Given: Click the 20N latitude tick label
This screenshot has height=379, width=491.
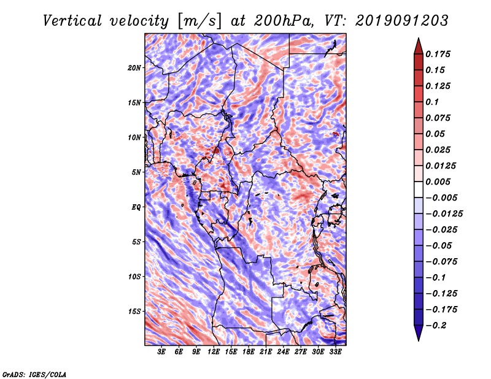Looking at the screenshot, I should [134, 67].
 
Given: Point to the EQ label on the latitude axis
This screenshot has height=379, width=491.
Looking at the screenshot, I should [136, 207].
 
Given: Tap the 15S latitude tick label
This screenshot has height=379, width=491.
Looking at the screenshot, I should [134, 312].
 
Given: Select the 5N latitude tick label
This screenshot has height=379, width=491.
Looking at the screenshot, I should [136, 172].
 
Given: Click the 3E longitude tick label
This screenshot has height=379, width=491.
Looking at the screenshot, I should [162, 352].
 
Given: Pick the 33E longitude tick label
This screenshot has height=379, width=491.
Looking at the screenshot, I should [335, 352].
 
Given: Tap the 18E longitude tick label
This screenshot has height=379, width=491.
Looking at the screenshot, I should [249, 352].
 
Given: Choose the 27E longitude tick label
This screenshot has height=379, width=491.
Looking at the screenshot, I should [301, 352].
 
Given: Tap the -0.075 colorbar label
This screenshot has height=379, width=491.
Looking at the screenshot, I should [442, 261].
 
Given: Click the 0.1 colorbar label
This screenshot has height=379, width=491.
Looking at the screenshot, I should [432, 102].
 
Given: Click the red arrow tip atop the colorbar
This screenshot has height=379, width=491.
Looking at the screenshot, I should [418, 42].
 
